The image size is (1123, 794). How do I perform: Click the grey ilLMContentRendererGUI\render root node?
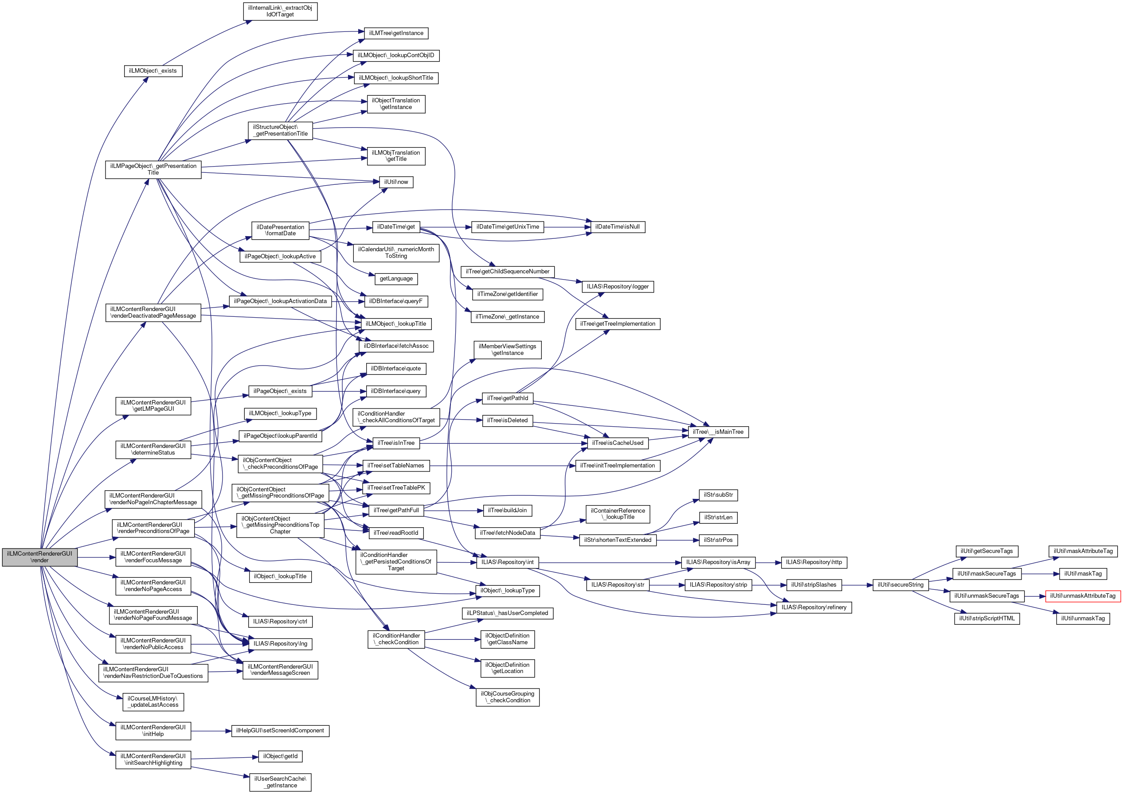[x=39, y=557]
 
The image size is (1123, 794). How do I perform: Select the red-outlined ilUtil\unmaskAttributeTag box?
[x=1082, y=595]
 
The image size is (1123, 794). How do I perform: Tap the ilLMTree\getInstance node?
[x=396, y=33]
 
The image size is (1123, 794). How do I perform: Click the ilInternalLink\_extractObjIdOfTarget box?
[x=280, y=11]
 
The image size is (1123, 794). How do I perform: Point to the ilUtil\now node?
[x=396, y=182]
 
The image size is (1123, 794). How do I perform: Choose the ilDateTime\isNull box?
[x=617, y=227]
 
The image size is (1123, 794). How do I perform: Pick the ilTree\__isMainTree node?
[x=718, y=432]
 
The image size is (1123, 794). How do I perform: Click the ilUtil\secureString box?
[x=900, y=585]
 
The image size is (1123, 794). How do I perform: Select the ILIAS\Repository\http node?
[x=814, y=562]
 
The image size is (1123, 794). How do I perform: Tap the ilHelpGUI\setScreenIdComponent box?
[x=280, y=731]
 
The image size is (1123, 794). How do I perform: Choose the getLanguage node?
[x=396, y=279]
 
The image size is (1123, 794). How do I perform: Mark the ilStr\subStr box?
[x=718, y=495]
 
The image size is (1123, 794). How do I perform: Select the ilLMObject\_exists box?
[x=153, y=71]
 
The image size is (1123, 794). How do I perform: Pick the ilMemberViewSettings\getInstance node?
[x=507, y=350]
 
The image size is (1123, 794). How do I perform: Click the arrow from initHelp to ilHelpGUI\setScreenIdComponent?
[x=211, y=731]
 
